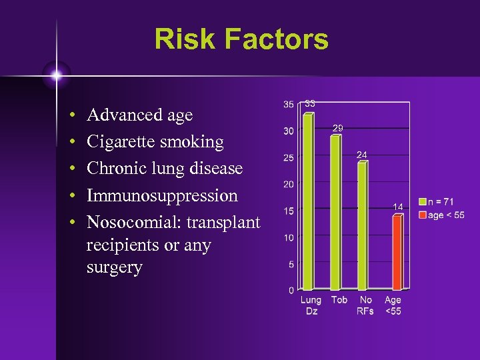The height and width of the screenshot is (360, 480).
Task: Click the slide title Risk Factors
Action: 241,39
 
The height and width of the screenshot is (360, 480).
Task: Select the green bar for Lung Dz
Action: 308,200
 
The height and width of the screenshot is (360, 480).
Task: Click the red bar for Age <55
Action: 397,252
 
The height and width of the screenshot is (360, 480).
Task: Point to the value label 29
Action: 338,127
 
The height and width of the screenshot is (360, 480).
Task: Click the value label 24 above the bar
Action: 362,155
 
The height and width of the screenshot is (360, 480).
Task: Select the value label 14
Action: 397,207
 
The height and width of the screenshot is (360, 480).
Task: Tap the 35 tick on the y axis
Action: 289,105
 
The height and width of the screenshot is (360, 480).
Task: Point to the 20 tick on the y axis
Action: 289,184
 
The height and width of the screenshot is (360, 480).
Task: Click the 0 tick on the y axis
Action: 291,290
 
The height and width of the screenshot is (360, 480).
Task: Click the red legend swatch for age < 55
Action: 423,215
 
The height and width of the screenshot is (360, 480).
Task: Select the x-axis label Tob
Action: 339,300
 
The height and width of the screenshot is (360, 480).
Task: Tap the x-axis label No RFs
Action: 365,305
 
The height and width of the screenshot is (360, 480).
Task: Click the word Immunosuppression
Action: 162,195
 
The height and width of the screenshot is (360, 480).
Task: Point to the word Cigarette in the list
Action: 119,142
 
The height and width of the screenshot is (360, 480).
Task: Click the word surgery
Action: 114,268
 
